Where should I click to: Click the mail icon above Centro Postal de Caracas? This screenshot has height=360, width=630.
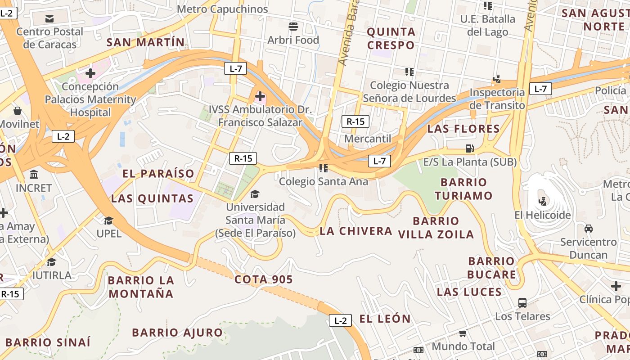click(x=49, y=18)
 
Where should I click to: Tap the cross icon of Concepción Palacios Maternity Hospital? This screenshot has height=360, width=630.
click(x=90, y=73)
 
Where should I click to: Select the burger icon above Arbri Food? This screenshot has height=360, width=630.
click(x=293, y=27)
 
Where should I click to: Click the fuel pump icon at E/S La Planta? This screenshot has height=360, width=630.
click(x=469, y=148)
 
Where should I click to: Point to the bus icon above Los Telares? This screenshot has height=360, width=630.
click(x=522, y=303)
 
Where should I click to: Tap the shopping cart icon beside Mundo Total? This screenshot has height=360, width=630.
click(x=463, y=333)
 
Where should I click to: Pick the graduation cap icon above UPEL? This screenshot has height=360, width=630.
click(x=108, y=220)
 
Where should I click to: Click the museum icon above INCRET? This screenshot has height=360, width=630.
click(x=34, y=174)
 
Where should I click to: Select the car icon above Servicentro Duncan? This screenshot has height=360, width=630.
click(x=588, y=229)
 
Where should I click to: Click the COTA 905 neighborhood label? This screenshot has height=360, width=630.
click(x=264, y=279)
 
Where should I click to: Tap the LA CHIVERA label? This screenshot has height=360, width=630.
click(x=356, y=231)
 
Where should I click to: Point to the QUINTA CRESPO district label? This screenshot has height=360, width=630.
click(x=391, y=38)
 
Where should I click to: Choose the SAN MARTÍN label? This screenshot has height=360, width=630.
click(x=145, y=42)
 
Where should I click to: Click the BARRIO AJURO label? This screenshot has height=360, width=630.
click(x=177, y=333)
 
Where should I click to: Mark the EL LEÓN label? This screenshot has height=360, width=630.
click(x=385, y=319)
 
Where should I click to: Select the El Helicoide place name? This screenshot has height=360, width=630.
click(x=543, y=215)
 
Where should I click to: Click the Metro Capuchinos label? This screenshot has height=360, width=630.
click(x=222, y=9)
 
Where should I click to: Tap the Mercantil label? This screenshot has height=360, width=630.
click(x=368, y=139)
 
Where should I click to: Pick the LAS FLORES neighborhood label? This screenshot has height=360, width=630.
click(x=463, y=129)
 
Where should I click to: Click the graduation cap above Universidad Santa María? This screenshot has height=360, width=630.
click(x=255, y=194)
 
